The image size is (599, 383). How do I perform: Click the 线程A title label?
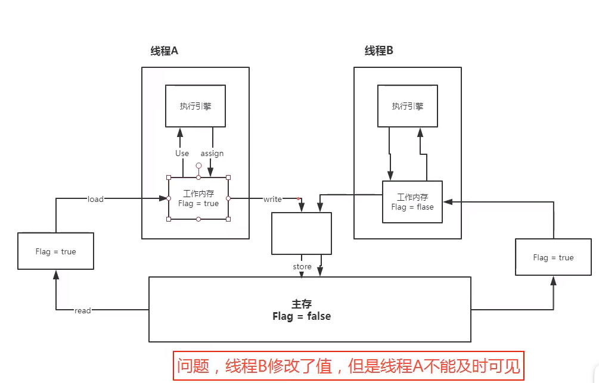[x=165, y=51]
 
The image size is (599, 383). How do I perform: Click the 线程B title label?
[x=379, y=51]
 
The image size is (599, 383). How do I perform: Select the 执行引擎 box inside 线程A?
[x=195, y=106]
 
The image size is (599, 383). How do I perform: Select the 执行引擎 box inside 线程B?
[x=408, y=106]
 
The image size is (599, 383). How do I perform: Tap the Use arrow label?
[x=182, y=153]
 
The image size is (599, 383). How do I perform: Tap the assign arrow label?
[x=212, y=153]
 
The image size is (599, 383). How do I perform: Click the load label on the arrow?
[x=95, y=199]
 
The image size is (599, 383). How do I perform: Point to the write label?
[x=272, y=199]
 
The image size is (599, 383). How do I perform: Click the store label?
[x=302, y=266]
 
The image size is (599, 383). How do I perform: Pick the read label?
[x=83, y=310]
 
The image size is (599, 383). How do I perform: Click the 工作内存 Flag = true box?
[x=198, y=198]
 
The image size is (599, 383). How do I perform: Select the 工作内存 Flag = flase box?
[x=412, y=202]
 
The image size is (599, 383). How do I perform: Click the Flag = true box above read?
[x=55, y=251]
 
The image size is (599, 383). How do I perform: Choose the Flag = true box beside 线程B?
[x=553, y=257]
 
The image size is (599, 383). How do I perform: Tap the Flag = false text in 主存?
[x=301, y=316]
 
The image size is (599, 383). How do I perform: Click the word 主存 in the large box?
[x=302, y=304]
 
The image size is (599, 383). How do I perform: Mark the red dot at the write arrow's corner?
[x=299, y=198]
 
